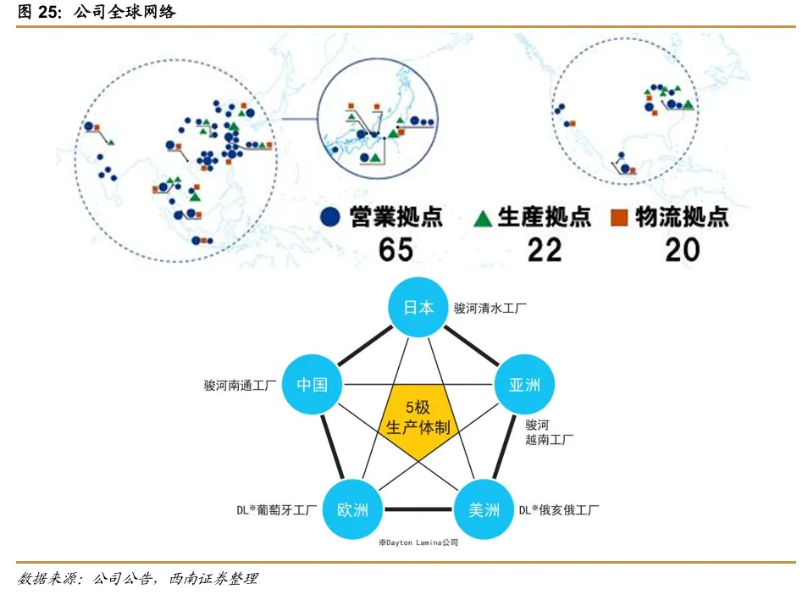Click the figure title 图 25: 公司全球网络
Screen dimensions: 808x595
[x=97, y=13]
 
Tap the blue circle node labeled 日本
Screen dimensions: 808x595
[x=418, y=308]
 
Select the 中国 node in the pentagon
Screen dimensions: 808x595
[x=312, y=385]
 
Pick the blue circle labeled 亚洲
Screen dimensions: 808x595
[x=524, y=385]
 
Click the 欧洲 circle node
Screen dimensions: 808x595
[x=352, y=510]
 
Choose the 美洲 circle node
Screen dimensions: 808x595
[x=484, y=510]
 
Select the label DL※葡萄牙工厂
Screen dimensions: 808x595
[x=276, y=510]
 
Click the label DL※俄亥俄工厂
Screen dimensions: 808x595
[x=559, y=510]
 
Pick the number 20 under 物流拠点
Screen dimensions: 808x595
[x=682, y=249]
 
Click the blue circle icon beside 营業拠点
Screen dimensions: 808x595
[x=330, y=218]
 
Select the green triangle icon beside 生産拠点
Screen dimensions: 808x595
[x=482, y=219]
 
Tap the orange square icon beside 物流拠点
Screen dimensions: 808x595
[x=618, y=219]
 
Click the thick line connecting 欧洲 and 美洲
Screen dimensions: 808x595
[x=418, y=510]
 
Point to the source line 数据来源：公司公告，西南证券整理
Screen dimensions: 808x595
[x=137, y=579]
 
